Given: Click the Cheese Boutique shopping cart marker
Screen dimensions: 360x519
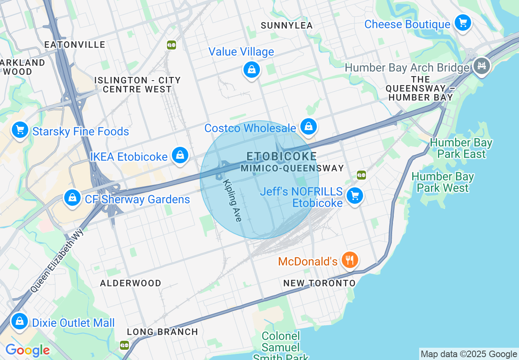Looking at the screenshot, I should pyautogui.click(x=463, y=23).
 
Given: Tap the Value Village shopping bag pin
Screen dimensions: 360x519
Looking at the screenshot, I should pyautogui.click(x=252, y=70).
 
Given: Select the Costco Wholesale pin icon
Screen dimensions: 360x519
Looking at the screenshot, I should pyautogui.click(x=309, y=126).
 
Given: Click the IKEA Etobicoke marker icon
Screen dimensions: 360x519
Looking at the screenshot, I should pyautogui.click(x=180, y=155).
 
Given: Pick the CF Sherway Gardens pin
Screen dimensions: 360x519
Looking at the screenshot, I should pyautogui.click(x=72, y=198).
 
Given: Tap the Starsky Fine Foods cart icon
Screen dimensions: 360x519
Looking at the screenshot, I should pyautogui.click(x=20, y=130).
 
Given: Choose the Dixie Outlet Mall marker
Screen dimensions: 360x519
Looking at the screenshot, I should pyautogui.click(x=19, y=321).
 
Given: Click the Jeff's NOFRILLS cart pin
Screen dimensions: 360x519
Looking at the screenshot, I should pyautogui.click(x=354, y=196).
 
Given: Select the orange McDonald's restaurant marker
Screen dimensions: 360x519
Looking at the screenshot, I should pyautogui.click(x=349, y=259).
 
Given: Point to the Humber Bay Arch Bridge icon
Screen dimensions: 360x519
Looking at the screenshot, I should pyautogui.click(x=482, y=65).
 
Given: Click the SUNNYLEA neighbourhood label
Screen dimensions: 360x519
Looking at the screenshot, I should pyautogui.click(x=287, y=25).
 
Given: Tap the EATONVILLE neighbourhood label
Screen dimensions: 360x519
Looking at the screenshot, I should pyautogui.click(x=75, y=45).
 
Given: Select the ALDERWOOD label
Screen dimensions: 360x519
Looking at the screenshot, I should pyautogui.click(x=131, y=283).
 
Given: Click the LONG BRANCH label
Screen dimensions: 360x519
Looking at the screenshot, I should pyautogui.click(x=162, y=332).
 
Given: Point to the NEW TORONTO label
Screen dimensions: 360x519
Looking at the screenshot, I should pyautogui.click(x=320, y=283).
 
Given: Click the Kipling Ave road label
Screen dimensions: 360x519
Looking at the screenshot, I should pyautogui.click(x=232, y=200).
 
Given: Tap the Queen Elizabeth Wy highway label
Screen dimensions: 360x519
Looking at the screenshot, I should pyautogui.click(x=57, y=260).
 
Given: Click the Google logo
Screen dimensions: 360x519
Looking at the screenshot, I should pyautogui.click(x=27, y=350).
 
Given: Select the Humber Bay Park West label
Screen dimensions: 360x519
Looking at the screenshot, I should pyautogui.click(x=442, y=182).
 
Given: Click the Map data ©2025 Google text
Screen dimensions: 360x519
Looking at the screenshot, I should pyautogui.click(x=469, y=354).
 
